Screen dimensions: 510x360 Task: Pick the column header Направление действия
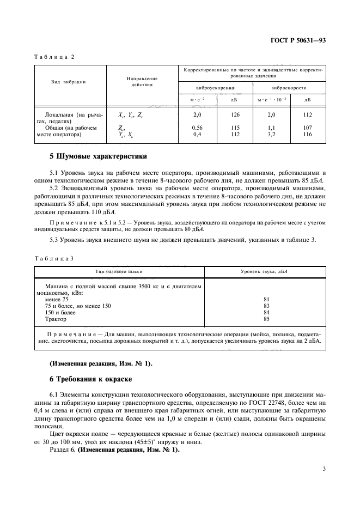tap(141, 82)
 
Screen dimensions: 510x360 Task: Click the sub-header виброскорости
tap(288, 88)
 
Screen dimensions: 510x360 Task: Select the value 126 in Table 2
tap(234, 115)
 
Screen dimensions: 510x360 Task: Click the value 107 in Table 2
tap(308, 128)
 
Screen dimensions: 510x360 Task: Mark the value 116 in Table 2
tap(308, 133)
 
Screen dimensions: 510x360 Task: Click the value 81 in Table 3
tap(266, 299)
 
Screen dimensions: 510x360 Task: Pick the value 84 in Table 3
tap(266, 313)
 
